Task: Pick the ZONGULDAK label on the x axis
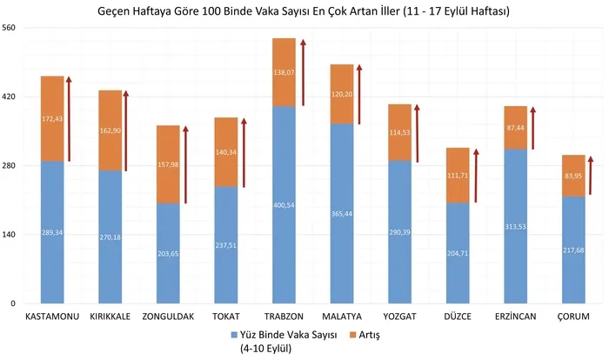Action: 169,317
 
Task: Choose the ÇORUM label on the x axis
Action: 574,317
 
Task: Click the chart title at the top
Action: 304,11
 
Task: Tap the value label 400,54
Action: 284,206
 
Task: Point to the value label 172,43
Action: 52,118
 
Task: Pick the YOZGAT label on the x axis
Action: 400,317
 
